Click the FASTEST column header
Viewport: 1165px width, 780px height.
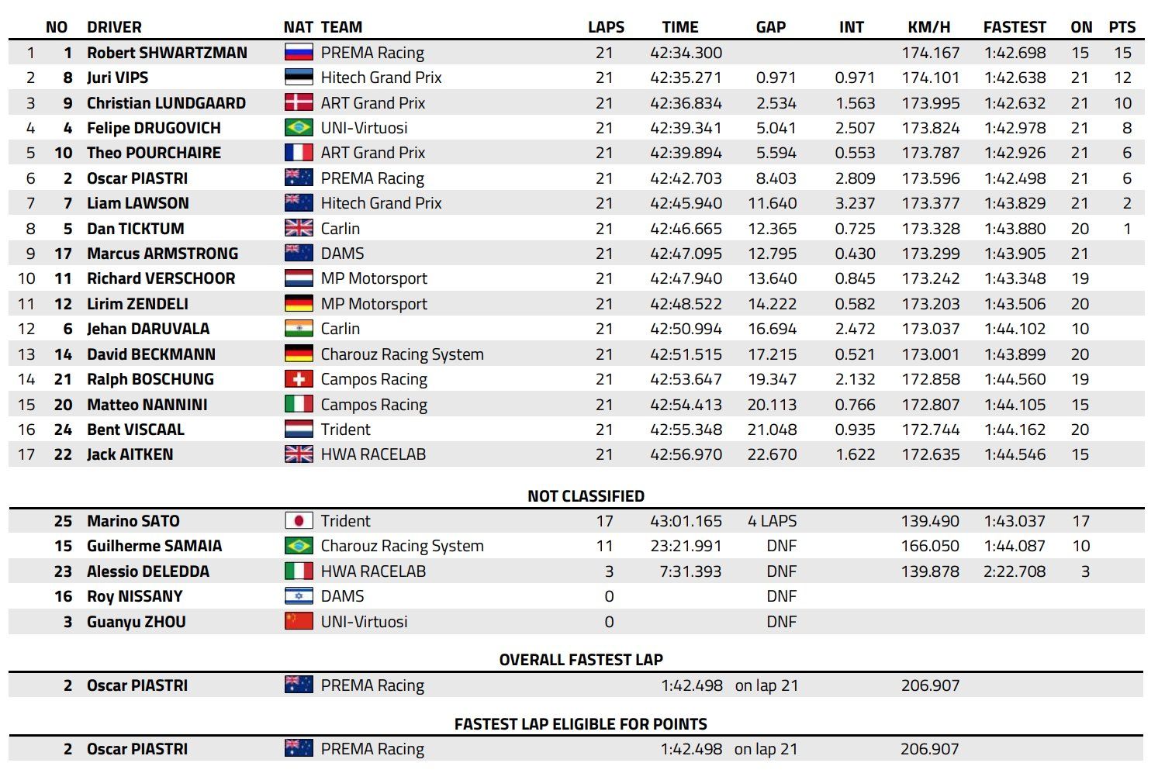[1014, 27]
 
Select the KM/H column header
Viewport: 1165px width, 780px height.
[928, 27]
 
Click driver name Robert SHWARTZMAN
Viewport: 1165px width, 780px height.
[167, 53]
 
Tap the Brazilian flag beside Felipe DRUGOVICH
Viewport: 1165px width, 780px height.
[299, 128]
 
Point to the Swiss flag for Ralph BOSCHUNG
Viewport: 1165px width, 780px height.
[299, 379]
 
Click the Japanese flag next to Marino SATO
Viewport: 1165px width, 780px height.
[299, 521]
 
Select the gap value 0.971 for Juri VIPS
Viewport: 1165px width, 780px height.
[776, 78]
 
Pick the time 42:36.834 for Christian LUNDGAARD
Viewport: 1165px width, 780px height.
[686, 103]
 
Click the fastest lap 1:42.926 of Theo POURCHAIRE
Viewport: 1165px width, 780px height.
[1015, 153]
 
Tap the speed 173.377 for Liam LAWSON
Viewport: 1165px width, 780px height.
[931, 203]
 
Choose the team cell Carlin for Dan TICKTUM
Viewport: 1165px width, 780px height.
[341, 229]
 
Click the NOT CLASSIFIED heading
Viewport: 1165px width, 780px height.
[586, 496]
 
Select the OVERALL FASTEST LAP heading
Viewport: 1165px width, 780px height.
[581, 660]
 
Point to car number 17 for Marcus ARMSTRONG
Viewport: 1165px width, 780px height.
[63, 254]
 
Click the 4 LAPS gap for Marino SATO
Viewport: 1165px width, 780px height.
[772, 521]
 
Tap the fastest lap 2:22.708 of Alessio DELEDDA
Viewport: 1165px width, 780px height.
[1015, 571]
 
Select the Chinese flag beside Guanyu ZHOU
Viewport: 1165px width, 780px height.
[299, 622]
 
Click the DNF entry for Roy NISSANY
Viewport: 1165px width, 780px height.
[781, 596]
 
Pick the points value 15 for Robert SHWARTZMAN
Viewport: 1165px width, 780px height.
[1122, 53]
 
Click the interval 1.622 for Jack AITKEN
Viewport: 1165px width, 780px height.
[855, 454]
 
